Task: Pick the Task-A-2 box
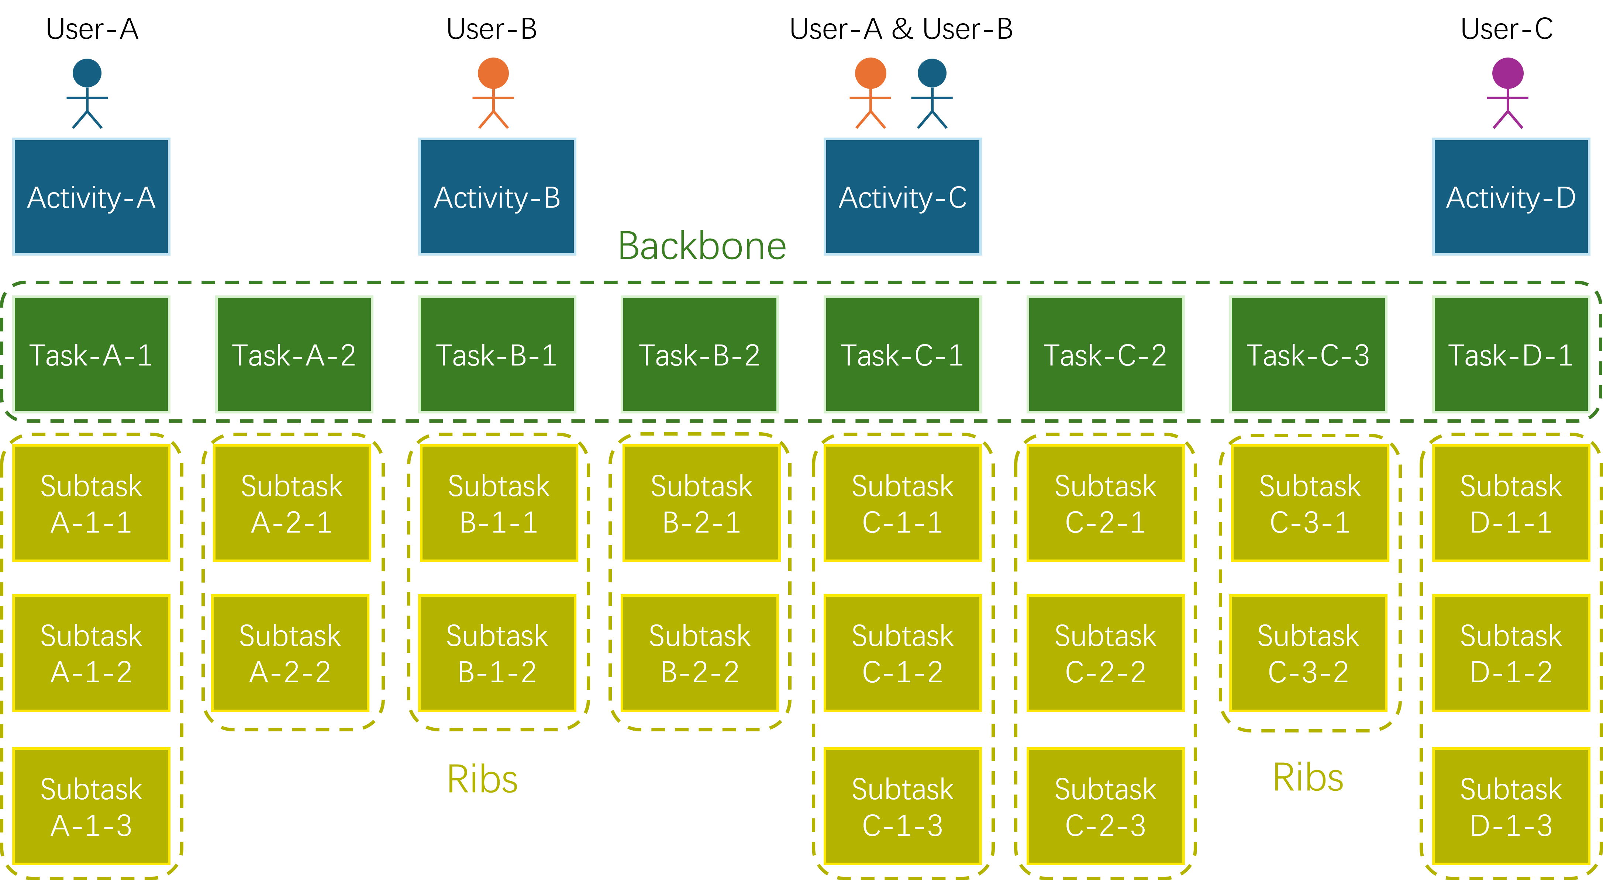coord(294,354)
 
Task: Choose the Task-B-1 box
coord(497,354)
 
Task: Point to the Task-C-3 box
coord(1308,354)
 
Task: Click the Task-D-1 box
coord(1511,354)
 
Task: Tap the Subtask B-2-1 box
coord(701,503)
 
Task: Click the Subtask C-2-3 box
coord(1105,807)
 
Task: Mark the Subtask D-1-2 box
coord(1511,653)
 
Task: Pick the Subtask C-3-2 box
coord(1308,653)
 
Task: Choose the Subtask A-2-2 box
coord(290,653)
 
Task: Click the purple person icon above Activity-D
coord(1507,93)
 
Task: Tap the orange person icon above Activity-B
coord(493,93)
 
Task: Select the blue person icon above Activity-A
coord(87,93)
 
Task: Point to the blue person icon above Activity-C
coord(931,93)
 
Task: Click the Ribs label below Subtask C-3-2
coord(1308,777)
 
